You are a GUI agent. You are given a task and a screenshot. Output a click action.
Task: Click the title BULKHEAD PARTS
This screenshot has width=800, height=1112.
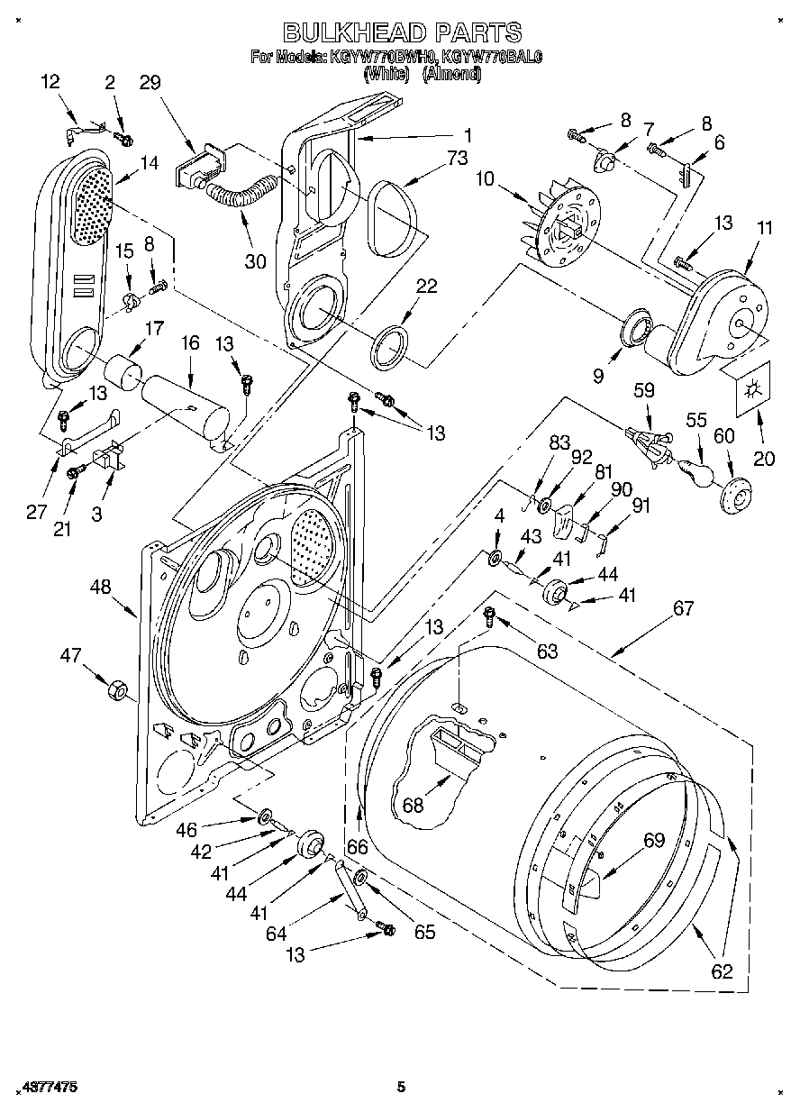402,33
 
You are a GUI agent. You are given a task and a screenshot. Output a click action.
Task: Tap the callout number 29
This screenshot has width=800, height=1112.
150,82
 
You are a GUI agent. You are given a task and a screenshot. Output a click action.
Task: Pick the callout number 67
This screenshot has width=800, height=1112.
683,609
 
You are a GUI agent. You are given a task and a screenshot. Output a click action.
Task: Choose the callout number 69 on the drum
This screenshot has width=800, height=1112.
653,841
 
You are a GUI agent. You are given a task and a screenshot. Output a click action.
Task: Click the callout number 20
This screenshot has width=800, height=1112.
763,458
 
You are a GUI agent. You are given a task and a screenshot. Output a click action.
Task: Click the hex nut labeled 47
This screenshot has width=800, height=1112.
115,691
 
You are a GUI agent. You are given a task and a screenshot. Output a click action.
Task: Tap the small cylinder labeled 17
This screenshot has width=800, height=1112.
124,370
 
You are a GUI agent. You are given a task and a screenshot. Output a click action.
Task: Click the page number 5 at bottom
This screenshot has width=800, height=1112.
403,1087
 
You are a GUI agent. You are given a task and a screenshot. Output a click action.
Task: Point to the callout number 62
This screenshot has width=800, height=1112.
722,971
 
